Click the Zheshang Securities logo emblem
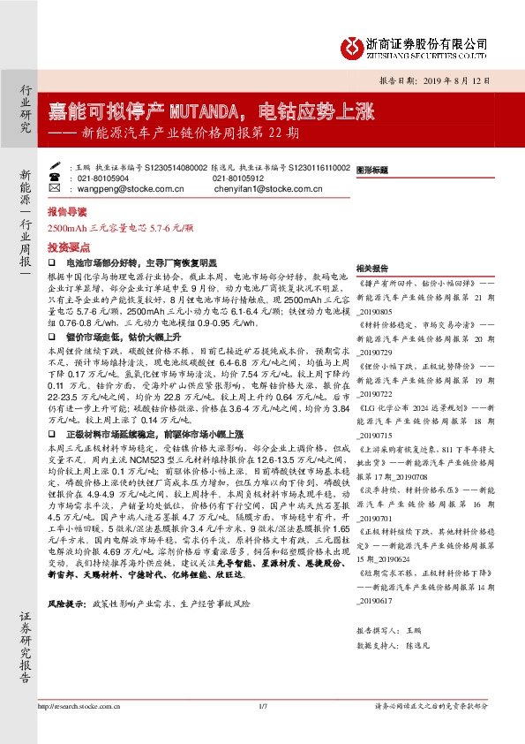pos(352,45)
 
